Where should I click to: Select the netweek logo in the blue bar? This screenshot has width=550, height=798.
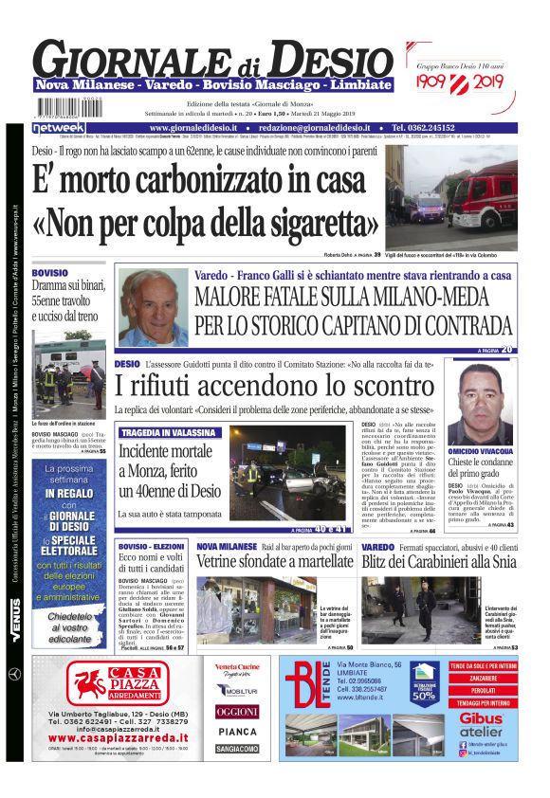pos(59,127)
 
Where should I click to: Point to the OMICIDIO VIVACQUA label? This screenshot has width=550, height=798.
pos(480,451)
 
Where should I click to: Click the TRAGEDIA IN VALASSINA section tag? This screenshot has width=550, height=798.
pos(166,432)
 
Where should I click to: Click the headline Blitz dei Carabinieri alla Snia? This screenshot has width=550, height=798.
pos(437,562)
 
